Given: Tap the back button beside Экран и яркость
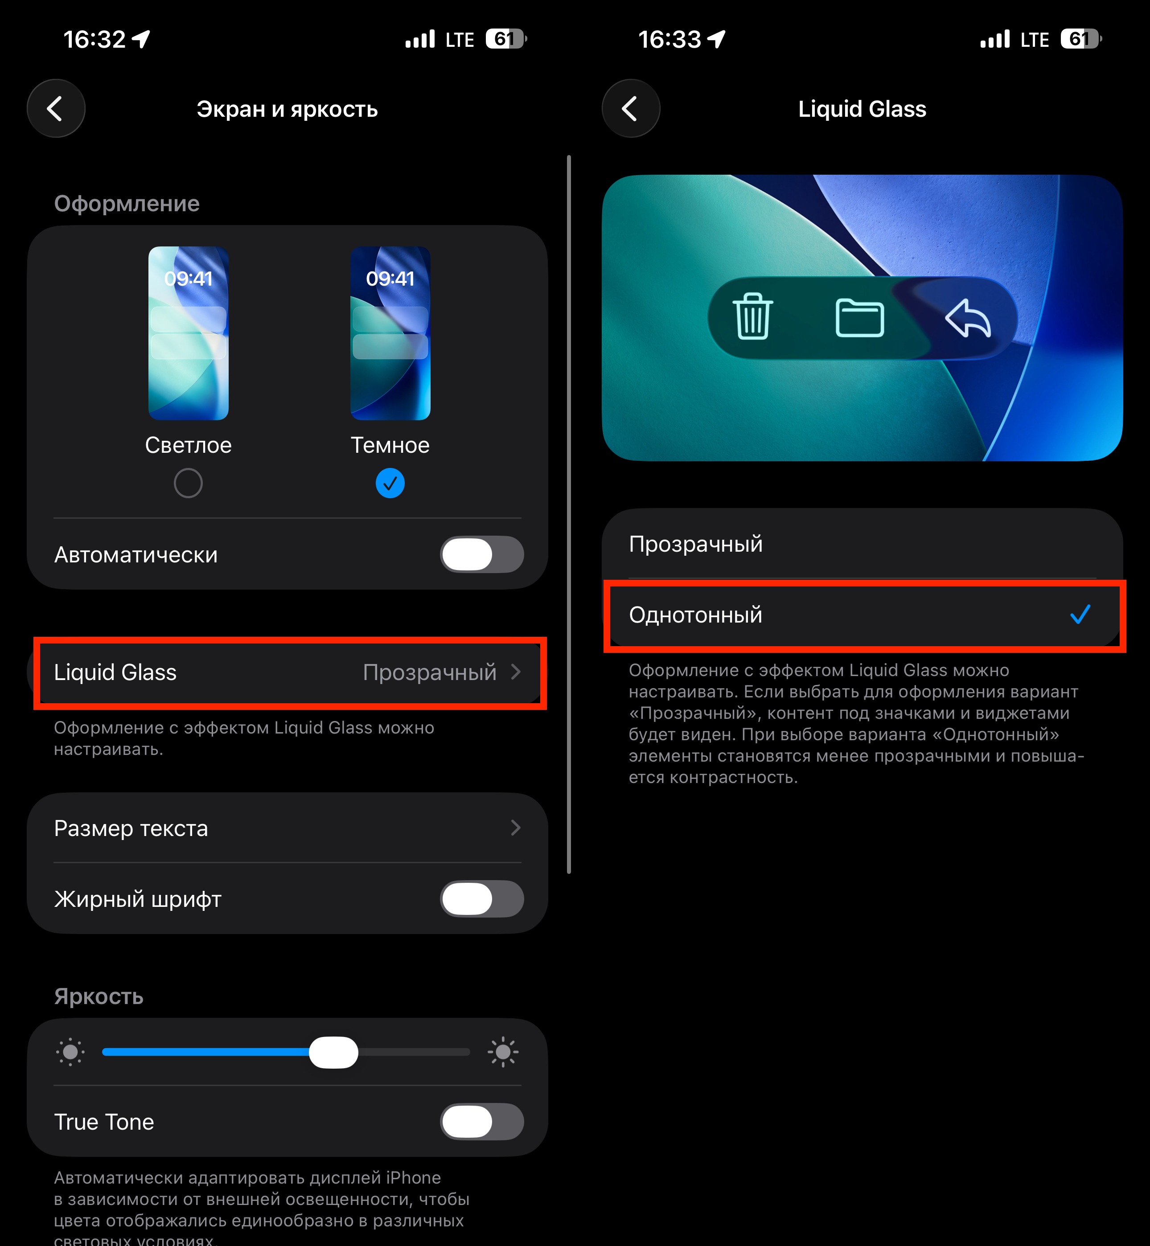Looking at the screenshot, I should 56,108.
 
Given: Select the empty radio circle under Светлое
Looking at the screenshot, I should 188,484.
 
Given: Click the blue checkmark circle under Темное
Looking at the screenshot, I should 390,484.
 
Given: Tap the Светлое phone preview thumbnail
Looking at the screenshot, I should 188,333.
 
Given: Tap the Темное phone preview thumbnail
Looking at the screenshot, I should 390,333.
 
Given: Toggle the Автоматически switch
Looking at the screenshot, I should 482,554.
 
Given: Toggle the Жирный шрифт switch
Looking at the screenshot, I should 482,899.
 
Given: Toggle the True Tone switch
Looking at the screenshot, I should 482,1122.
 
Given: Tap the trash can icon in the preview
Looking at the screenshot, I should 753,317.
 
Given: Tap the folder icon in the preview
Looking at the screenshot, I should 859,318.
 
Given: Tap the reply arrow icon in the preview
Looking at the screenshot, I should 968,318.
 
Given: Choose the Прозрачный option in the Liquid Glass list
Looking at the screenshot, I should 696,544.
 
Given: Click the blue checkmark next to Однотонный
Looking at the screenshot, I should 1080,615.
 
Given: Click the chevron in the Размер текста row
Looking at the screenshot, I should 515,828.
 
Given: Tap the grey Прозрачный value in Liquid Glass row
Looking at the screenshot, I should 429,672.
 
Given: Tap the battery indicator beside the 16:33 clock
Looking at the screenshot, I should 1081,39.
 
